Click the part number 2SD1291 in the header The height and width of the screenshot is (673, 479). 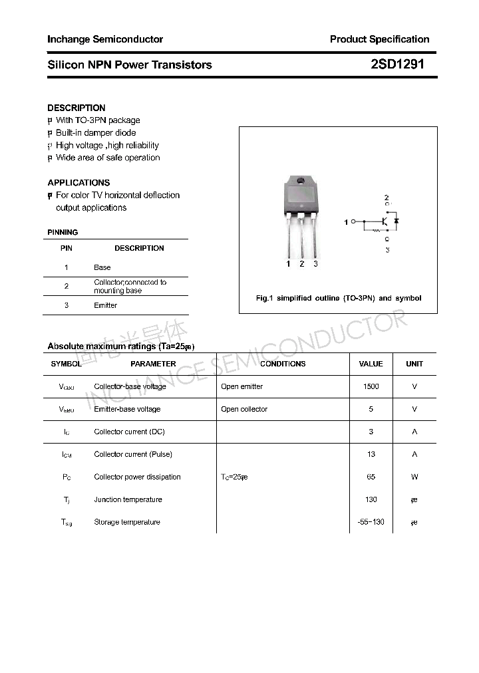point(397,65)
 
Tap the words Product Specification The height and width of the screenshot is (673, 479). point(379,39)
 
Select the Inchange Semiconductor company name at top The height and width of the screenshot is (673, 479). point(105,39)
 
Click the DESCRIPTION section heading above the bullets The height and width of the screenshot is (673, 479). point(77,108)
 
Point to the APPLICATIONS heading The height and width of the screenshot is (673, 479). point(79,182)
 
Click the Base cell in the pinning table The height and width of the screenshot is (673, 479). point(102,267)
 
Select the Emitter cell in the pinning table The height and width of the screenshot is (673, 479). point(105,305)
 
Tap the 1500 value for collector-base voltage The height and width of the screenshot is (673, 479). point(371,386)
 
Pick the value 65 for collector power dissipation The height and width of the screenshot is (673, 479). point(371,477)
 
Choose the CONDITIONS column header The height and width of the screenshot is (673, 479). point(283,364)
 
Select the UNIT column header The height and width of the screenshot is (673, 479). point(414,364)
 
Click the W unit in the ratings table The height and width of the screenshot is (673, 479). point(414,477)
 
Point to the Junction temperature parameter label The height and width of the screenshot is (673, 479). point(128,499)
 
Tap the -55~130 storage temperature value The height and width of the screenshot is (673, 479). point(371,522)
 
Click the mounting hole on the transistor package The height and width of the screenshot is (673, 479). point(301,182)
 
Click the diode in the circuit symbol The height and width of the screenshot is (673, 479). point(396,221)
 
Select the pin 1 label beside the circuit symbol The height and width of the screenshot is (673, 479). point(346,221)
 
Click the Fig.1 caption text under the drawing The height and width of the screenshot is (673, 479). point(339,298)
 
